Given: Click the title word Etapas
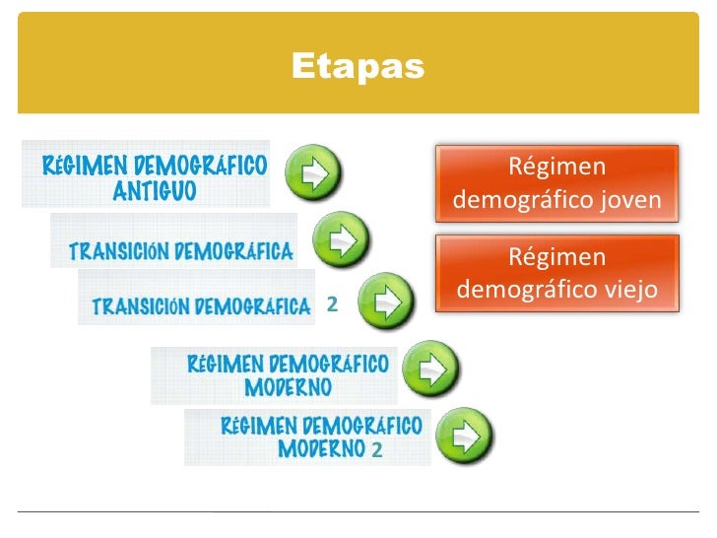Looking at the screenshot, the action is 358,67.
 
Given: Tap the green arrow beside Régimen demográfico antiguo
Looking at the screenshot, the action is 313,173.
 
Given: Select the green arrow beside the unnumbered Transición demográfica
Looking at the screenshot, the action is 341,238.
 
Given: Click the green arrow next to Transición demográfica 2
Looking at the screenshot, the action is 385,300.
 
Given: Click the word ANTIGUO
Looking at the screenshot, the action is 155,190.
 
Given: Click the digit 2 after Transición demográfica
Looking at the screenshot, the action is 332,306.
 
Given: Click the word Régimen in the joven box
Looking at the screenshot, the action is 556,168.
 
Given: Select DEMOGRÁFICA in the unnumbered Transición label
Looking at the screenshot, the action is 233,250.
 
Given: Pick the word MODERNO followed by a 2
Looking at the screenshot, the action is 322,449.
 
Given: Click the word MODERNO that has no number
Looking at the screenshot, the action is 288,386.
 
